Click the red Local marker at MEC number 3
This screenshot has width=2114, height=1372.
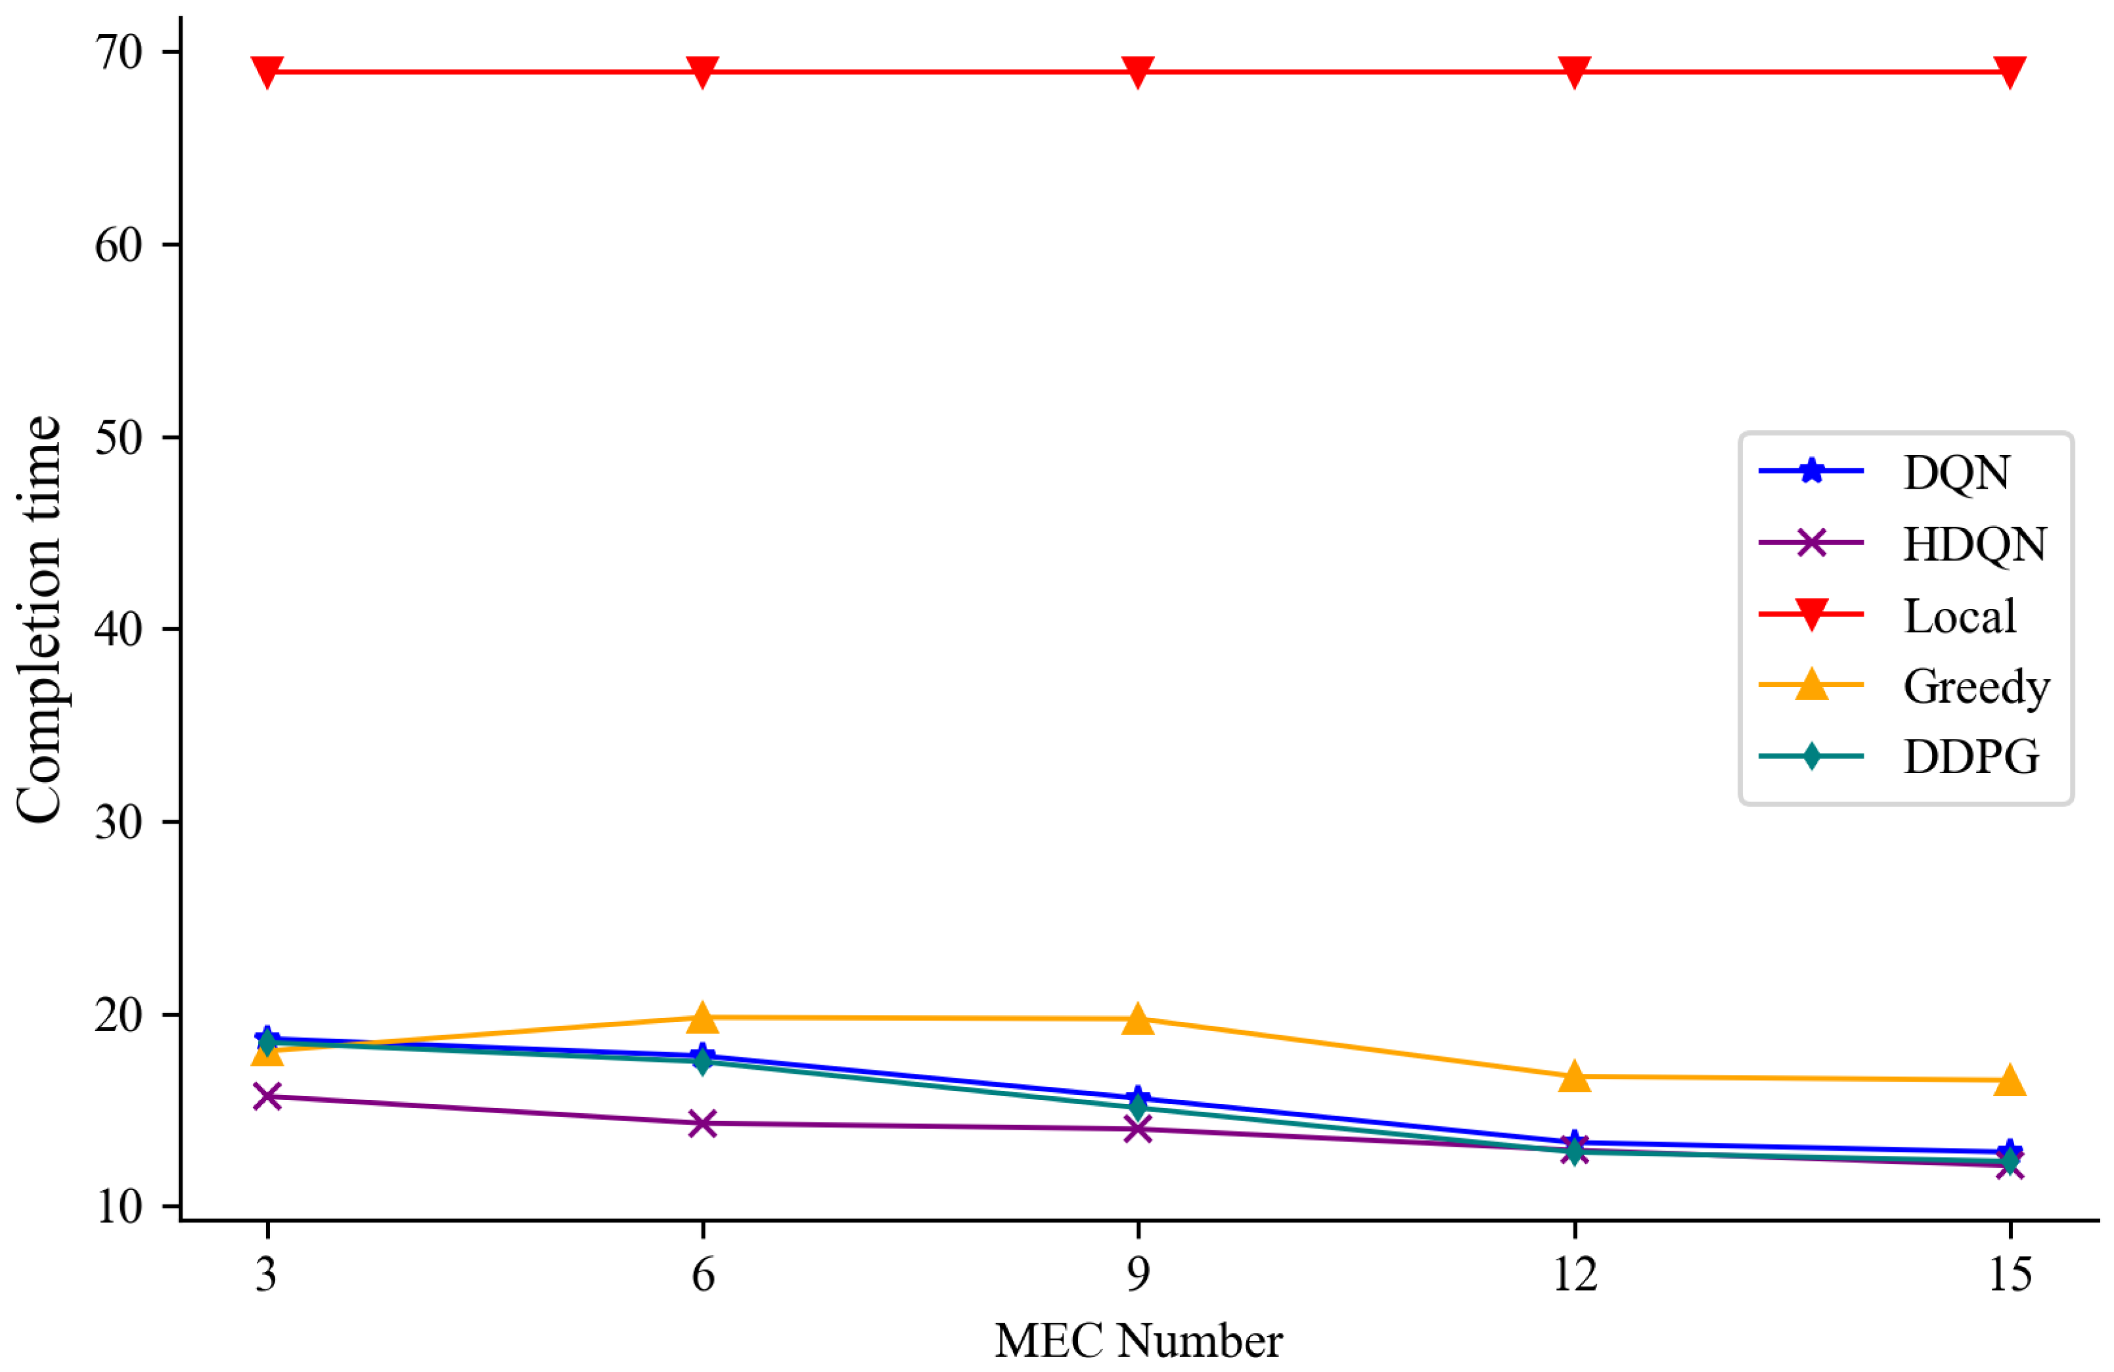tap(267, 72)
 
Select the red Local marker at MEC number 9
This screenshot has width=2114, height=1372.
tap(1138, 72)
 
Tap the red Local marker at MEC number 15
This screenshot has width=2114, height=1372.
tap(2010, 72)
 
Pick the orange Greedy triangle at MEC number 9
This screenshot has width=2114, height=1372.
tap(1138, 1019)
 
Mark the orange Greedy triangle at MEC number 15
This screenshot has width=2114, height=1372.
tap(2010, 1080)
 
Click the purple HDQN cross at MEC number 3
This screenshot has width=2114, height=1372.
tap(267, 1097)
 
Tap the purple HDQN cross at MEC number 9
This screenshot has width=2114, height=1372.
tap(1138, 1129)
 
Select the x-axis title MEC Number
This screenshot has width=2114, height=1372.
tap(1138, 1341)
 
